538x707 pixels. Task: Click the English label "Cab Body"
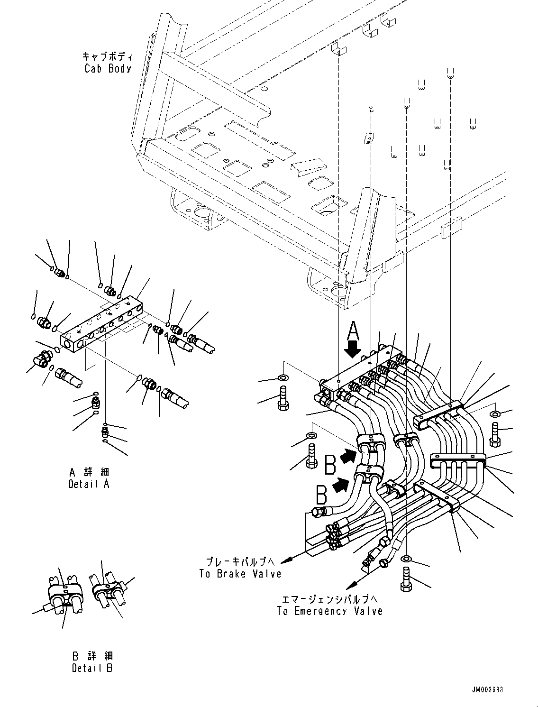coord(108,68)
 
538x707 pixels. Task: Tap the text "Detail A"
coord(89,485)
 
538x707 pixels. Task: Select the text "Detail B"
coord(92,668)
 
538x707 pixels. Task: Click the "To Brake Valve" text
coord(240,574)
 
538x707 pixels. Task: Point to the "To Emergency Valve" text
coord(329,611)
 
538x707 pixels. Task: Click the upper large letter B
coord(331,464)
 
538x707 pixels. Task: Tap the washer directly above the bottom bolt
coord(406,558)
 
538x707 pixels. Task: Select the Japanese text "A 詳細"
coord(89,472)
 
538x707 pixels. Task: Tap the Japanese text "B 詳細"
coord(92,656)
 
